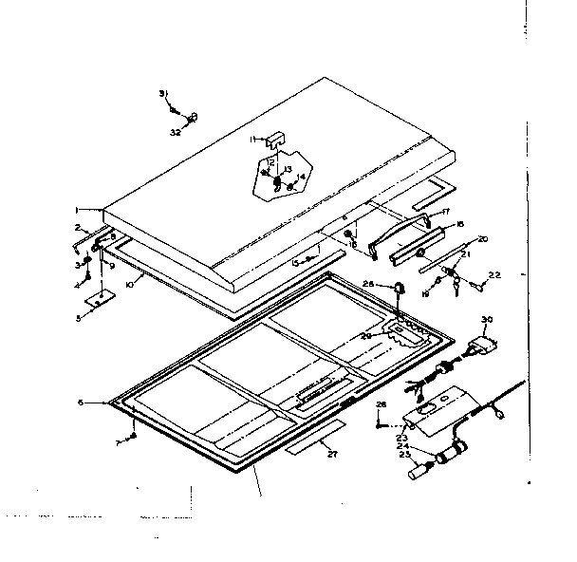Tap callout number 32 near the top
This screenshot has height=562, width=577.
pyautogui.click(x=176, y=132)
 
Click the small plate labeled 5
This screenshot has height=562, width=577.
pyautogui.click(x=98, y=300)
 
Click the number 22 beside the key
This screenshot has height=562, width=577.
pyautogui.click(x=494, y=275)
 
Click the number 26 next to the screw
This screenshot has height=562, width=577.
pyautogui.click(x=380, y=405)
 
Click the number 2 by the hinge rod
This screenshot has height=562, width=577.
pyautogui.click(x=78, y=228)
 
